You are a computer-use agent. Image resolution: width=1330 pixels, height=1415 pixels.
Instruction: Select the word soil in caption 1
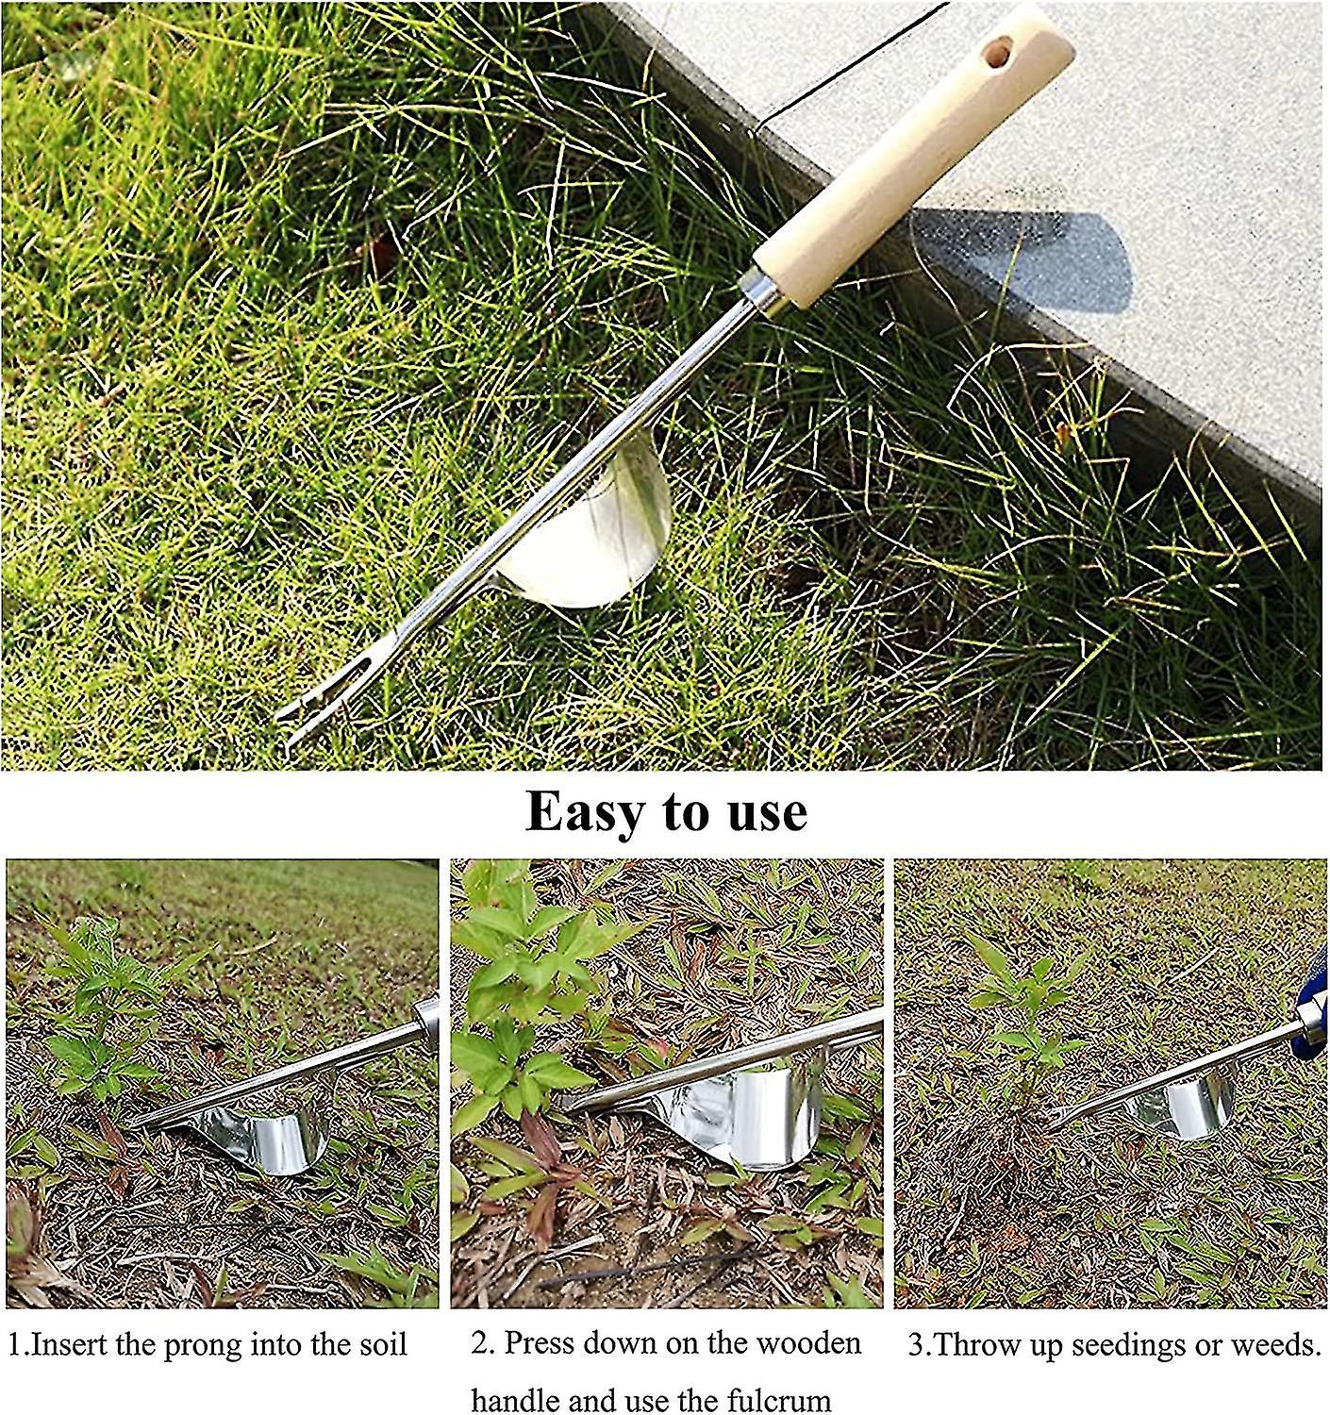381,1344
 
